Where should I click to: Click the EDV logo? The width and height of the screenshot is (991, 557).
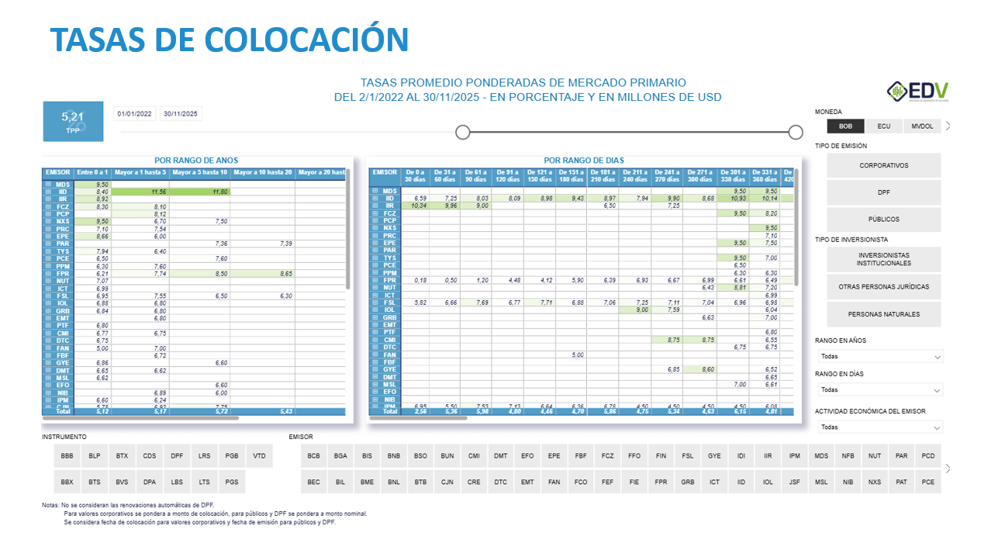[917, 92]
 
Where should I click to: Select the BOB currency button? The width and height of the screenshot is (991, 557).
[845, 126]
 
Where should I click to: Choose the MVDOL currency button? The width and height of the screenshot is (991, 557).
[922, 126]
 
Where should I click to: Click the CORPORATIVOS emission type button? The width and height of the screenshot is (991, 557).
[883, 165]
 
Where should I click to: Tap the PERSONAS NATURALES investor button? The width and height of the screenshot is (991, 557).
[883, 314]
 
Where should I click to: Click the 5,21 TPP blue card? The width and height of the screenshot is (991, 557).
[72, 122]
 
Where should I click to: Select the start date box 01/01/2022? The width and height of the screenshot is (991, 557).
[134, 114]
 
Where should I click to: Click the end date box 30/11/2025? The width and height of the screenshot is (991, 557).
[180, 114]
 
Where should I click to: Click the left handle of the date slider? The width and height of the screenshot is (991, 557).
[463, 132]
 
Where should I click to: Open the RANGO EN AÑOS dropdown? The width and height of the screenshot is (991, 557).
[881, 357]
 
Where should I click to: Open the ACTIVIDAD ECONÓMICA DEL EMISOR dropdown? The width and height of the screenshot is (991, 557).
[881, 427]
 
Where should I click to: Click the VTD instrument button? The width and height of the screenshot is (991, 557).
[259, 456]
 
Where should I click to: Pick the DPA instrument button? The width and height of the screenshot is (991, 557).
[150, 482]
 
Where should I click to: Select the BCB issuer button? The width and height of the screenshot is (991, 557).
[313, 456]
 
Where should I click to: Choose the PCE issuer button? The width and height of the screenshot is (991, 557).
[927, 482]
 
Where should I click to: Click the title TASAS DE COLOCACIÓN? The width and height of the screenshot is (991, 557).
[230, 39]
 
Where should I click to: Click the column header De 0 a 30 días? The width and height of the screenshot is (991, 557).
[416, 175]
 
